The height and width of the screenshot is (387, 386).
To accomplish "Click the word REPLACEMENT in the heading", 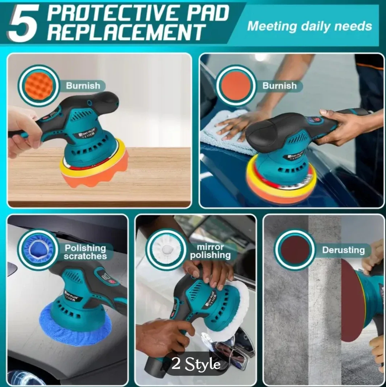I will [126, 32].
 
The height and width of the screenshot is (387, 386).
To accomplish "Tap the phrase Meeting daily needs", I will [310, 26].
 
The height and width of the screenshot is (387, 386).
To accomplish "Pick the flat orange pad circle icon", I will [236, 86].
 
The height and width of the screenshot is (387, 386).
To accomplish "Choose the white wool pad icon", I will [166, 249].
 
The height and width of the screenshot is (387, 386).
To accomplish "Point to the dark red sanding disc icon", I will [294, 250].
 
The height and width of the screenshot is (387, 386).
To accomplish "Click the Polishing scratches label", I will [85, 252].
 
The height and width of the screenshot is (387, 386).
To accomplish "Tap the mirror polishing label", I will [211, 251].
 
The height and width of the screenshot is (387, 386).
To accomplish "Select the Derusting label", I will [343, 250].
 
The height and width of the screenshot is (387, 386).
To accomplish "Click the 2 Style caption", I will [196, 364].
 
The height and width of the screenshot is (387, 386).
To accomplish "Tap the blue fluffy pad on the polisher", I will [74, 328].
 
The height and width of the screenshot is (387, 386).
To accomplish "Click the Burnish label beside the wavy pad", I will [83, 86].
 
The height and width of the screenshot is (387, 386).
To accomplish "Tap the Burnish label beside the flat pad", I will [279, 86].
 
